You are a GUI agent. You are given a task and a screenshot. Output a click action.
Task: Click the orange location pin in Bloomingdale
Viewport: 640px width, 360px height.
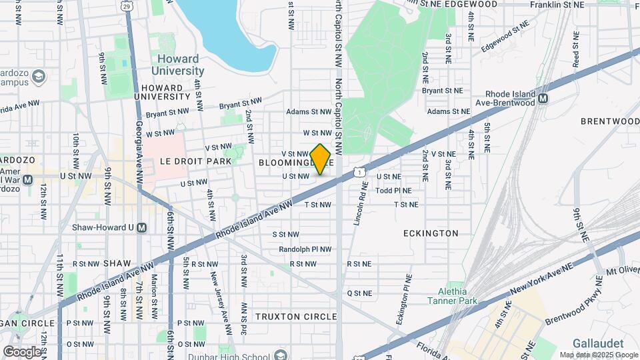pyautogui.click(x=321, y=159)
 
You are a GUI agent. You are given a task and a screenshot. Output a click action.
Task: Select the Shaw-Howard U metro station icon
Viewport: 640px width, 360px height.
pyautogui.click(x=141, y=227)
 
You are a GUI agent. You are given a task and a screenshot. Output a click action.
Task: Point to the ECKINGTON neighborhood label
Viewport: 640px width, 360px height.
pyautogui.click(x=431, y=233)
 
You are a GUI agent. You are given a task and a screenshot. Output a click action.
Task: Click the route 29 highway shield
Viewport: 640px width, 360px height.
pyautogui.click(x=127, y=5)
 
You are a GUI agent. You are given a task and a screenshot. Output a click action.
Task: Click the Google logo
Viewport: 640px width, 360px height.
pyautogui.click(x=22, y=351)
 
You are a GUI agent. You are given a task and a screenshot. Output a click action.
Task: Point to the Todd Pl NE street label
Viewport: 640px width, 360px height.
pyautogui.click(x=393, y=190)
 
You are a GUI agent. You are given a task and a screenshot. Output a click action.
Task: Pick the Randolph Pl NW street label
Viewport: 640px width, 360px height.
pyautogui.click(x=305, y=249)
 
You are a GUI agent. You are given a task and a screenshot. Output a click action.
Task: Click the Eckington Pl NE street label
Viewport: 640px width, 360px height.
pyautogui.click(x=401, y=299)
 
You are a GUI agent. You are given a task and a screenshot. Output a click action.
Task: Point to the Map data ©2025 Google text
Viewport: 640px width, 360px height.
pyautogui.click(x=598, y=355)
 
